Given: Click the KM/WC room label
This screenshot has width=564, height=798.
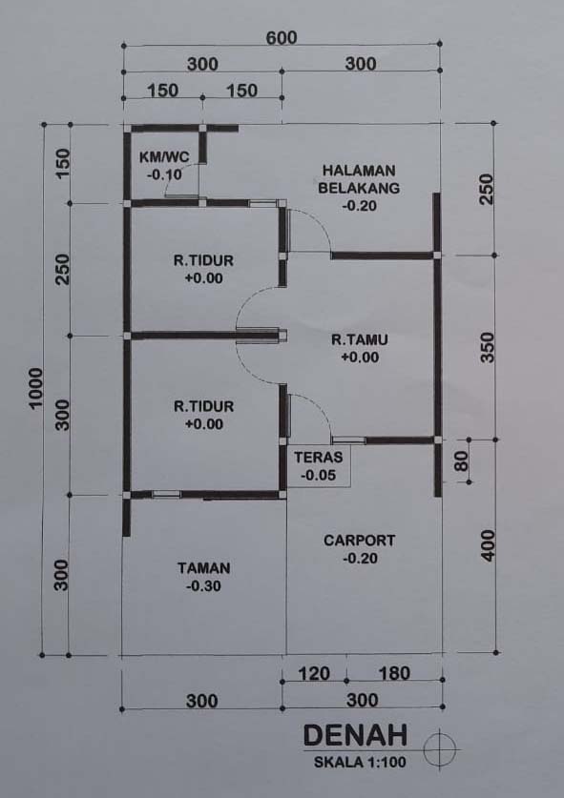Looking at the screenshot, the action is click(164, 156).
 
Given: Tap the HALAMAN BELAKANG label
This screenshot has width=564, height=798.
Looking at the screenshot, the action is click(359, 178).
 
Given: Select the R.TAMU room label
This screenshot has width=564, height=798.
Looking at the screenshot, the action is click(360, 339).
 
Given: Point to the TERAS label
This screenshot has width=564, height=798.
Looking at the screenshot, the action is click(319, 457).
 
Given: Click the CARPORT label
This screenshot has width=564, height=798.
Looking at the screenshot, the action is click(359, 541).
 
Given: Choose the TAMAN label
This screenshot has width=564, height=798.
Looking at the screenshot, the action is click(204, 568).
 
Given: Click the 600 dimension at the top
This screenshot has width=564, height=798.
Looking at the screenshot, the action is click(282, 38).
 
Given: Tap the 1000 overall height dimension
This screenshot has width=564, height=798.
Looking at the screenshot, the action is click(35, 388).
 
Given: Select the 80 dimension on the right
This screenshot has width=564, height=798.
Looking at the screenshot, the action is click(461, 461).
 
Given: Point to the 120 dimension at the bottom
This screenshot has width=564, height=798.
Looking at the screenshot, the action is click(314, 674).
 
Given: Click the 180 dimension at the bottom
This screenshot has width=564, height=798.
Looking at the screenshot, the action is click(394, 674).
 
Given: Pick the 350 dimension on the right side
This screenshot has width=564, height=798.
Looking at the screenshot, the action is click(488, 348).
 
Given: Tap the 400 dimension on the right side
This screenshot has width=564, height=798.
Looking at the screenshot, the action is click(488, 545).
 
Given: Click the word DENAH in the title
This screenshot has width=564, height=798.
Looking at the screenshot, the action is click(356, 735).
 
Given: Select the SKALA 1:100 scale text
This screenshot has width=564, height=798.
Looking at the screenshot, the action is click(360, 763).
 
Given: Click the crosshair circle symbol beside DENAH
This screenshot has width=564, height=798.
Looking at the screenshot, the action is click(439, 748).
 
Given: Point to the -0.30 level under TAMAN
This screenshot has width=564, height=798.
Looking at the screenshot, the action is click(204, 586).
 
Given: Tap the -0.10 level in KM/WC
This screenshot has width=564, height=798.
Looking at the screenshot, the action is click(164, 175).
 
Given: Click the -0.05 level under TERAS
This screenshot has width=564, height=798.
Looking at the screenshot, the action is click(319, 476).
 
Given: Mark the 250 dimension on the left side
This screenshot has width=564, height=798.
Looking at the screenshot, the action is click(62, 270).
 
